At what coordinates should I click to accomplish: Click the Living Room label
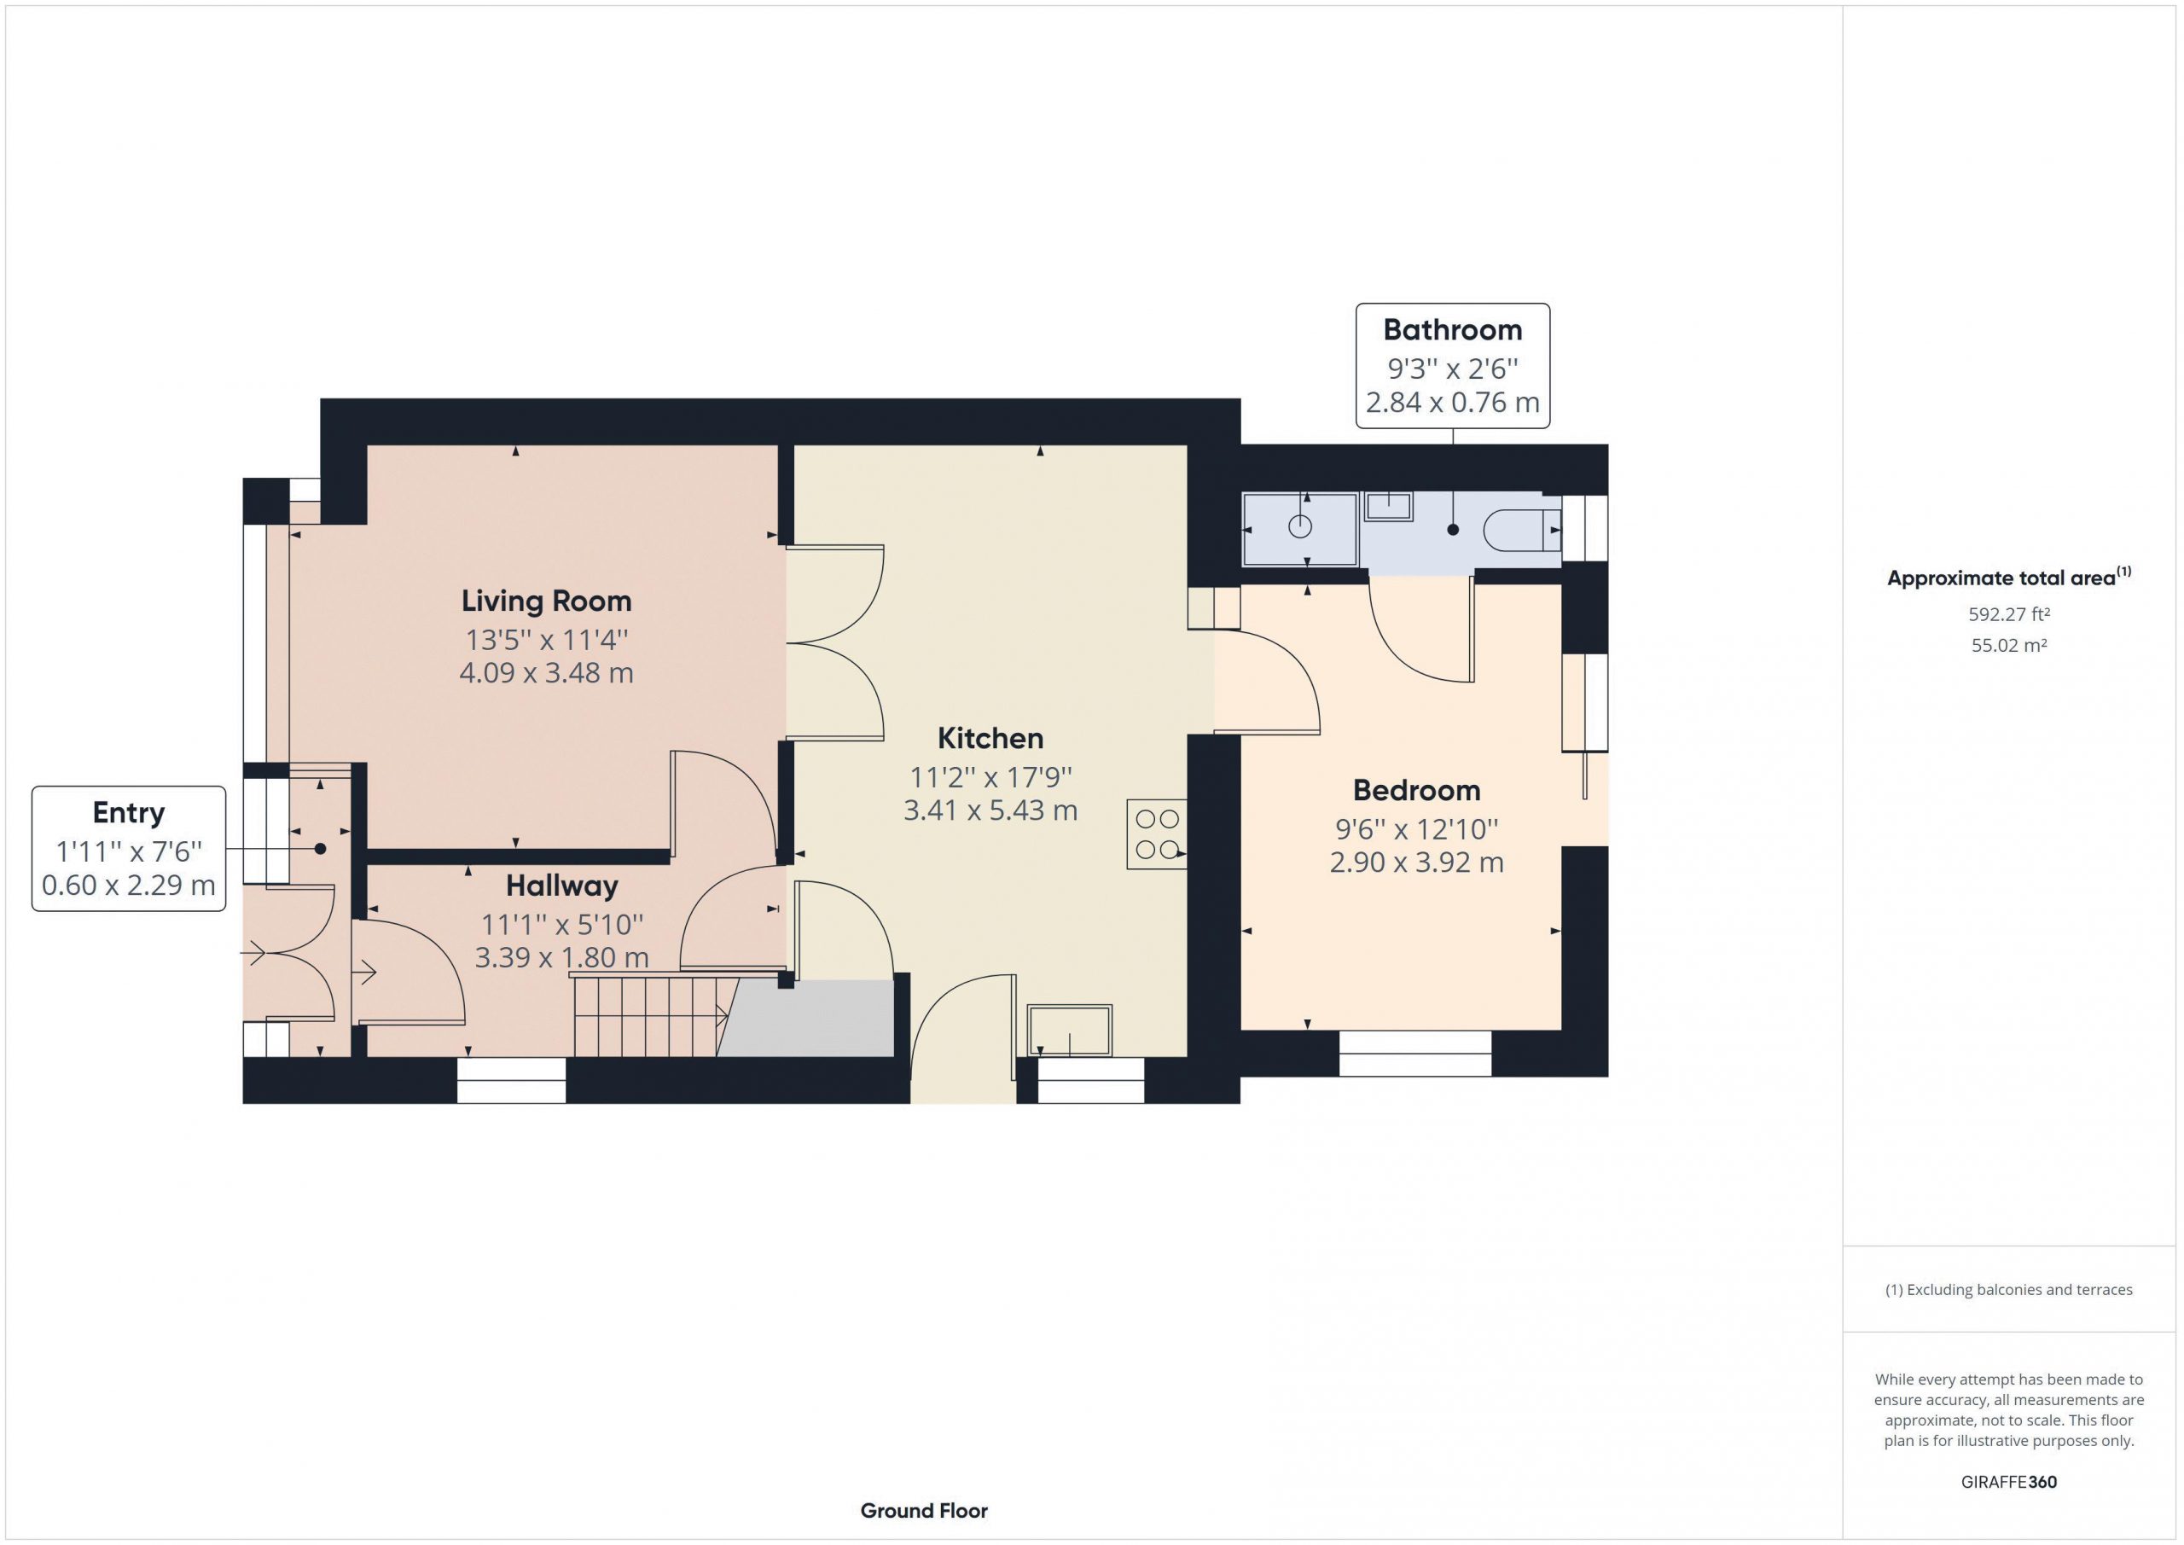pos(546,601)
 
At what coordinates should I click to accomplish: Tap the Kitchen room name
pos(990,738)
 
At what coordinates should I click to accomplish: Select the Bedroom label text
pos(1416,790)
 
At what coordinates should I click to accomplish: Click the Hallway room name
pos(561,886)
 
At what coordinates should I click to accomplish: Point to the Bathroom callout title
pos(1453,330)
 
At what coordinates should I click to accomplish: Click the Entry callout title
pos(129,812)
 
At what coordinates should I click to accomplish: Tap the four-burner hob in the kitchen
pos(1157,833)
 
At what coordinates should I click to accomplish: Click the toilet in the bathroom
pos(1523,531)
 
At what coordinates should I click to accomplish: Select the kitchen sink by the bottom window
pos(1069,1031)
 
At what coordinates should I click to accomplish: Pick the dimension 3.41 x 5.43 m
pos(990,810)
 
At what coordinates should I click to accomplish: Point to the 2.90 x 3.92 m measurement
pos(1416,863)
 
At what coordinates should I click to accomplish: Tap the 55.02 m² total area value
pos(2009,645)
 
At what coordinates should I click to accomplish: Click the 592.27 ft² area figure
pos(2008,614)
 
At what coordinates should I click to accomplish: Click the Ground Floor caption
pos(924,1511)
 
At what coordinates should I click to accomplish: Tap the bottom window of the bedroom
pos(1415,1053)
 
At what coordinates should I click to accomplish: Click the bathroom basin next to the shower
pos(1389,506)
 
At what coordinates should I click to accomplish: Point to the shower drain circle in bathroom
pos(1300,526)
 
